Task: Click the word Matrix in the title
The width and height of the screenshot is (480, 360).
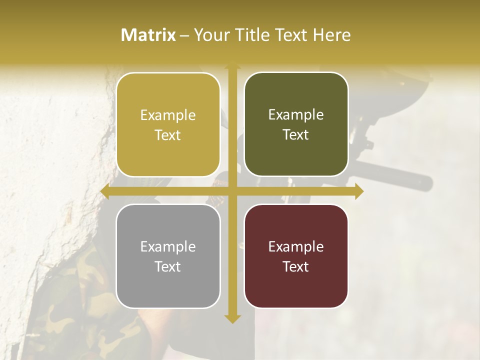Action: coord(148,35)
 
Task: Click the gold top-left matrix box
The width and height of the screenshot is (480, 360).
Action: coord(168,124)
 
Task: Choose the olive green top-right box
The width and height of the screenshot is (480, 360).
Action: coord(296,124)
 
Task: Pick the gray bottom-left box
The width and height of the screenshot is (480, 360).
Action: coord(168,256)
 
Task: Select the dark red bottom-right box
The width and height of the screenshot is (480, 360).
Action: coord(296,256)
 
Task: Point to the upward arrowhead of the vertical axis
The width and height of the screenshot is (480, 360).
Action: coord(232,66)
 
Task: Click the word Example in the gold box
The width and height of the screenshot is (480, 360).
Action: coord(168,115)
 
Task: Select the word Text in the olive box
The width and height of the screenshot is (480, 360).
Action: coord(296,135)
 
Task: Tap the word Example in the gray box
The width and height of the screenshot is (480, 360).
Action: coord(168,247)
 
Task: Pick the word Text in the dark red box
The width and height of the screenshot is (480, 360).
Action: coord(296,266)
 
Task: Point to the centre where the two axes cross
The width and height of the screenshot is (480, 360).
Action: coord(232,191)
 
